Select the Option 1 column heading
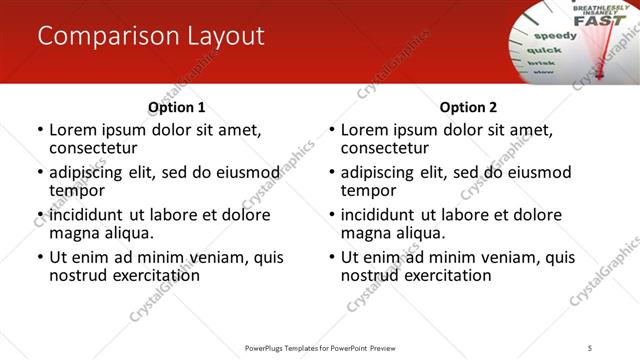coord(177,107)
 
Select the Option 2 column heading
coord(469,107)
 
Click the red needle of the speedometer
coord(601,55)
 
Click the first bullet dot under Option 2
coord(332,131)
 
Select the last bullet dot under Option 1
coord(40,257)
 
